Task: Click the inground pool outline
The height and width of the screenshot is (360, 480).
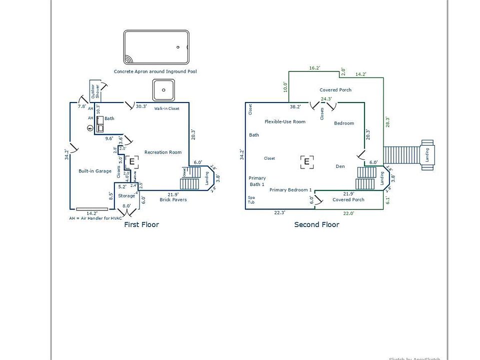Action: tap(156, 47)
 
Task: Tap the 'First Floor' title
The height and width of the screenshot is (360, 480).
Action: tap(141, 224)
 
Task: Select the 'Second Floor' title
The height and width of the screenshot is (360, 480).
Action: tap(316, 224)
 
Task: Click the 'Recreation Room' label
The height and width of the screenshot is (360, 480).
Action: tap(163, 152)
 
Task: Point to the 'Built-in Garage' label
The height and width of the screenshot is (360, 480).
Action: tap(95, 171)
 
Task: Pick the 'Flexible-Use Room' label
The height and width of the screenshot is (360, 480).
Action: tap(285, 121)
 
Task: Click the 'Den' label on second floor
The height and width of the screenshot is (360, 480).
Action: tap(340, 166)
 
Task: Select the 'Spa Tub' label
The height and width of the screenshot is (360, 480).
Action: tap(251, 200)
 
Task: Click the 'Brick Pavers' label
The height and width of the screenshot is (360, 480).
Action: tap(173, 199)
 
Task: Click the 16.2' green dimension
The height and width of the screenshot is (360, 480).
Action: tap(314, 68)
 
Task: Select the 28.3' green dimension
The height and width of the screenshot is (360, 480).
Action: tap(387, 122)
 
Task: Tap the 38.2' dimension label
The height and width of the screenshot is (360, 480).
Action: tap(295, 106)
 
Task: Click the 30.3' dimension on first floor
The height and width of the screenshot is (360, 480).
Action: tap(141, 106)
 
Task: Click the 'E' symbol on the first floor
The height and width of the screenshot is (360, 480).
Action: tap(132, 161)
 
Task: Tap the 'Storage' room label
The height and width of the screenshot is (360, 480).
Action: tap(126, 196)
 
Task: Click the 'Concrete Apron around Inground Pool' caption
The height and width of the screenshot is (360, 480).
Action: tap(155, 71)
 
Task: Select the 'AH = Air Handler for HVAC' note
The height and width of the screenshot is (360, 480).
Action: tap(95, 218)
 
